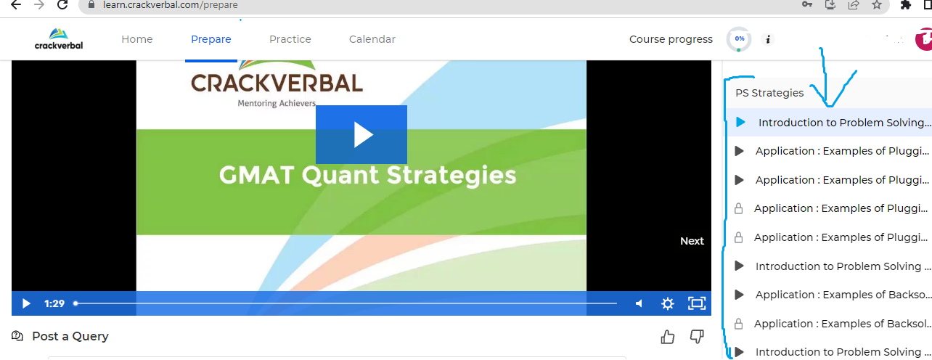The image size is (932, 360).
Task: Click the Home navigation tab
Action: coord(136,39)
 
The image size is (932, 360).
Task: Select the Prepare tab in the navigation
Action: coord(210,39)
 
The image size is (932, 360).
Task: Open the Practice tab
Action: coord(290,39)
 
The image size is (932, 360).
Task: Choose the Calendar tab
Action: coord(372,39)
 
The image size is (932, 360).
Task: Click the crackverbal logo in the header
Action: coord(59,39)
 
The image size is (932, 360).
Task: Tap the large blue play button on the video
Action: coord(361,134)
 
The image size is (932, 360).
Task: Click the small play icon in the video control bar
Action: coord(26,303)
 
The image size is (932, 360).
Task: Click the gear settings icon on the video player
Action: coord(668,303)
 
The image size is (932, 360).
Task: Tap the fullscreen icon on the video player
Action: coord(697,303)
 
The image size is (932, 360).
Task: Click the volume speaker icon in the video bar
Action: coord(639,303)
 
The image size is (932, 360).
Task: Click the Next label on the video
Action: coord(692,241)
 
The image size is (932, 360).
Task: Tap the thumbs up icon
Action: coord(668,337)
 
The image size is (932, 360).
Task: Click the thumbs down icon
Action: coord(697,337)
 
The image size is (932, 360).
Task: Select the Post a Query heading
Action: coord(70,336)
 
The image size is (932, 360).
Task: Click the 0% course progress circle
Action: coord(739,38)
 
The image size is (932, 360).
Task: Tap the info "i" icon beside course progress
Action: coord(768,39)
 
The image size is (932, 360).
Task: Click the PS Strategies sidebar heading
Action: coord(769,93)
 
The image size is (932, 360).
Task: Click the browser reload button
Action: coord(62,4)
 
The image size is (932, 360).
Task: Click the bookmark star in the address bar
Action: coord(877,4)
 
